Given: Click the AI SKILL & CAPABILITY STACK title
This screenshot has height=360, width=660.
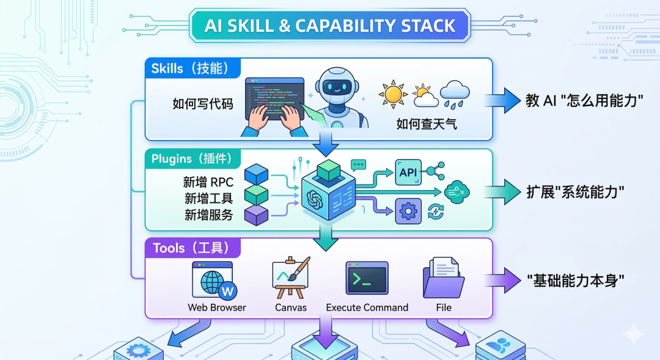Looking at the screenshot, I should [x=329, y=26].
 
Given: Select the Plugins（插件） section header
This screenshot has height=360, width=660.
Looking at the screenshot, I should [x=192, y=159].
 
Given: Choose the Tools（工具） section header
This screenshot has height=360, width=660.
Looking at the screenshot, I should [x=191, y=248].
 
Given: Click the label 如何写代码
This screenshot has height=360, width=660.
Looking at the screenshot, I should [x=202, y=104].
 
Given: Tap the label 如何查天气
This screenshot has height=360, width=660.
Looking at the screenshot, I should [x=426, y=125].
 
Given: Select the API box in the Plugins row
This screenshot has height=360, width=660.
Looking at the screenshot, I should [x=408, y=172].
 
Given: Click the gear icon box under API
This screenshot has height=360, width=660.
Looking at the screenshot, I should [x=408, y=211].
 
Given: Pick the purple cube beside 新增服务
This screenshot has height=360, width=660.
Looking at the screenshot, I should [x=256, y=214].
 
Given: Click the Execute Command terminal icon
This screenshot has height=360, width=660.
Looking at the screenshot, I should [x=367, y=278].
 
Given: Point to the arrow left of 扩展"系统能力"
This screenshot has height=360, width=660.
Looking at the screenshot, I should [x=502, y=191].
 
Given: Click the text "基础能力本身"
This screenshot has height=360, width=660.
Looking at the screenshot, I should [x=576, y=281].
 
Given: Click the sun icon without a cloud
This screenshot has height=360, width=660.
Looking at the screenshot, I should [x=392, y=94].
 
